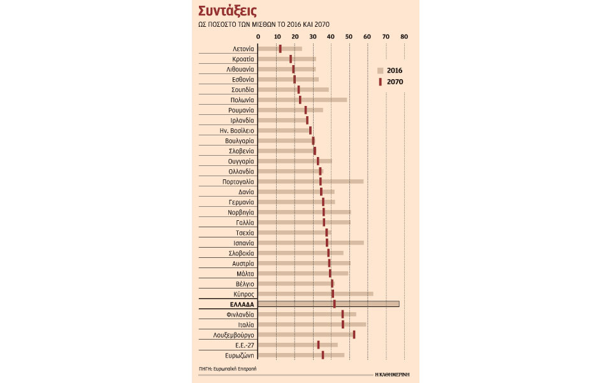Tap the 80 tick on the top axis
(x=404, y=36)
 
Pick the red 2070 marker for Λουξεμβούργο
(x=354, y=334)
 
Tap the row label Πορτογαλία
(x=238, y=182)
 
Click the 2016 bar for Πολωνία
(x=302, y=100)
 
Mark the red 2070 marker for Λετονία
(x=280, y=49)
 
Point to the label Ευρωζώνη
(x=240, y=355)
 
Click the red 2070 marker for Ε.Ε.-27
(x=318, y=345)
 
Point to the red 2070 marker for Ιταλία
(x=342, y=324)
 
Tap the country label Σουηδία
(x=243, y=89)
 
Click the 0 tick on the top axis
(x=258, y=36)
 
